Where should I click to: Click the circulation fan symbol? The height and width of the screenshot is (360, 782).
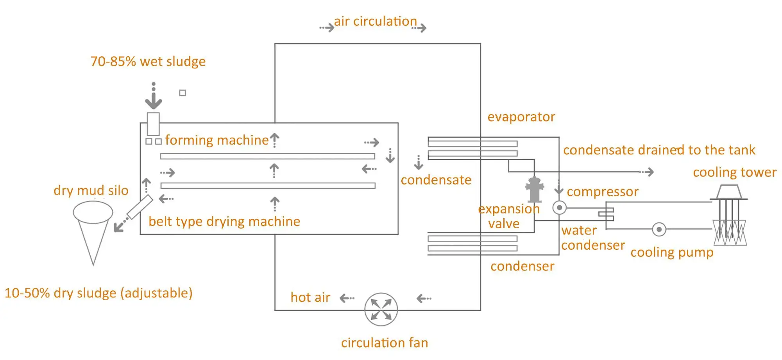pos(381,309)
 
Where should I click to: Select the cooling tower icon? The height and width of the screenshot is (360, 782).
pos(729,215)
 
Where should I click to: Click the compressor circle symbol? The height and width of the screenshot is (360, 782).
pos(559,208)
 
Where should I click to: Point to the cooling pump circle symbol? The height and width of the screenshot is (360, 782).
pos(659,229)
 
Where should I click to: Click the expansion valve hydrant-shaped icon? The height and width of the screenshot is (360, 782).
pos(534,189)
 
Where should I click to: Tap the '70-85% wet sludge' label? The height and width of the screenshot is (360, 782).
pos(148,61)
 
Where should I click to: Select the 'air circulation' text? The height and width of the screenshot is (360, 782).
pos(375,21)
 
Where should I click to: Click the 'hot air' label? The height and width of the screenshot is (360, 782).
pos(310,297)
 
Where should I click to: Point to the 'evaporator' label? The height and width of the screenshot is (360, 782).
pos(521,117)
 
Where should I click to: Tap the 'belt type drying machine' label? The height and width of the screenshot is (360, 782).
pos(224,222)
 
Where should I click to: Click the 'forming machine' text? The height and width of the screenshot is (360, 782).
pos(217,140)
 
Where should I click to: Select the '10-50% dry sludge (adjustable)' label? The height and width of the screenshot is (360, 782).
pos(98,293)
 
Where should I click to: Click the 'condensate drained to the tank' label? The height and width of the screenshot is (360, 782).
pos(659,150)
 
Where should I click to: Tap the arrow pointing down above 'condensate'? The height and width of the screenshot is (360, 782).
pos(419,163)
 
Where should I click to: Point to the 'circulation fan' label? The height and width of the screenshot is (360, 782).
pos(385,343)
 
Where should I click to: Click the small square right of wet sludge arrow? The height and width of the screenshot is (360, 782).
pos(183,93)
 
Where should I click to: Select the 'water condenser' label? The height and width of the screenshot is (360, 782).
pos(592,238)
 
